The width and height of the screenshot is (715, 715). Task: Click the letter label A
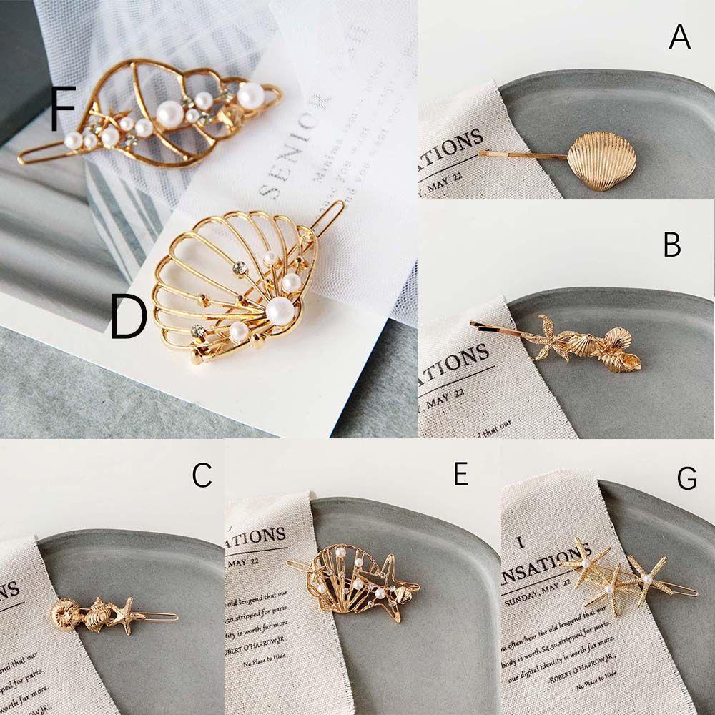679,36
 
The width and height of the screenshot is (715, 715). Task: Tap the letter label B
671,245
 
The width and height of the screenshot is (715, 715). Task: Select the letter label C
202,475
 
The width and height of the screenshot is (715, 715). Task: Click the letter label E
460,474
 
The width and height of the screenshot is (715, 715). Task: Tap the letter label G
686,478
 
